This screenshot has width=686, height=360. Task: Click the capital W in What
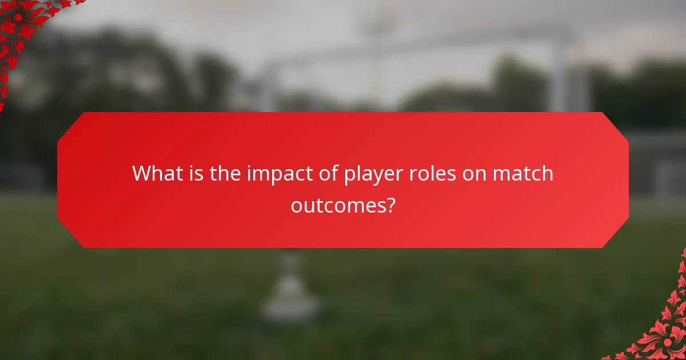click(142, 173)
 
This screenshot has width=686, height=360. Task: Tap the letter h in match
click(546, 173)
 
